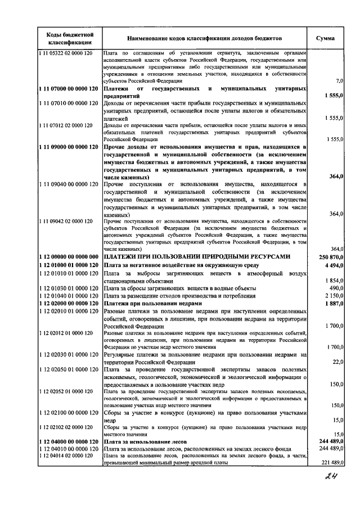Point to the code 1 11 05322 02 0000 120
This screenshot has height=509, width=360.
click(x=68, y=53)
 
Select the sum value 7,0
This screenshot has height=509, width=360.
click(x=339, y=81)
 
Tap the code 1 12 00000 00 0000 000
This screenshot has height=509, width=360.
click(x=69, y=256)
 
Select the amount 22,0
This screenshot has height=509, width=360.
click(x=338, y=362)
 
